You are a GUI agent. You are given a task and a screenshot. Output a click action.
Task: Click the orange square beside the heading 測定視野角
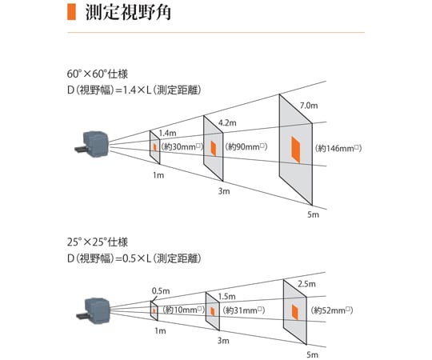(x=71, y=12)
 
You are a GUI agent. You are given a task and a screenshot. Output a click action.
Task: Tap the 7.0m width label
(x=309, y=106)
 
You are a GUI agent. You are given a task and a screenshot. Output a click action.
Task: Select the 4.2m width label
(x=227, y=123)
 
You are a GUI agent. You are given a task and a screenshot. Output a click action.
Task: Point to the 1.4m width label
(x=167, y=134)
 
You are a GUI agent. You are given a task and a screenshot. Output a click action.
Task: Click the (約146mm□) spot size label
(x=338, y=148)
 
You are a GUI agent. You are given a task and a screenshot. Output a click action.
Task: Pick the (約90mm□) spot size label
(x=246, y=146)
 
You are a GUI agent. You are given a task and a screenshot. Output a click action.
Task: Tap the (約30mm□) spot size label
(x=182, y=146)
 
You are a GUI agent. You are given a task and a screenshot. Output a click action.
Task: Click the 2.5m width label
(x=306, y=284)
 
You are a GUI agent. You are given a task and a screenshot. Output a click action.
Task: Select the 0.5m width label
(x=161, y=291)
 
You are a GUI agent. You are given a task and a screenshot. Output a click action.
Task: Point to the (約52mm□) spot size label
(x=332, y=310)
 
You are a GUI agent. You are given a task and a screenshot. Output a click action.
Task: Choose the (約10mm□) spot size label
(x=184, y=310)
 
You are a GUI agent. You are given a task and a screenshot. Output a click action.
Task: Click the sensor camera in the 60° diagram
(x=92, y=144)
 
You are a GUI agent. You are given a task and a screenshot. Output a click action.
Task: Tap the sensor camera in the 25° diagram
(x=94, y=310)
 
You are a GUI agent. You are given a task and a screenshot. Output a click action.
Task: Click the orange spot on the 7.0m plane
(x=296, y=150)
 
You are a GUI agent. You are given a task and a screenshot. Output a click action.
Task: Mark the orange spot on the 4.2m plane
(x=214, y=149)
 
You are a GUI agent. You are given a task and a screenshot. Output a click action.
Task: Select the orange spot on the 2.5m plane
(x=294, y=312)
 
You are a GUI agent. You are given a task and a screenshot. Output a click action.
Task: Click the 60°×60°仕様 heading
(x=98, y=74)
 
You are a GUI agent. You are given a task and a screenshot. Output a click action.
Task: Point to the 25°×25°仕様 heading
(x=98, y=242)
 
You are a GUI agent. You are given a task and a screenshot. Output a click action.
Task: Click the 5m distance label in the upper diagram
(x=313, y=214)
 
